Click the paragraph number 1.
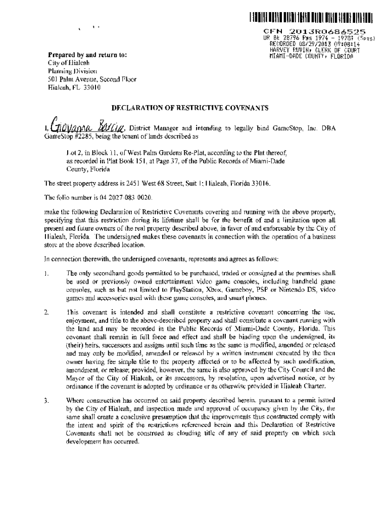point(46,274)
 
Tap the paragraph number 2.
point(46,313)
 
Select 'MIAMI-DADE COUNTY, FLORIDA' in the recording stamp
point(310,56)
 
